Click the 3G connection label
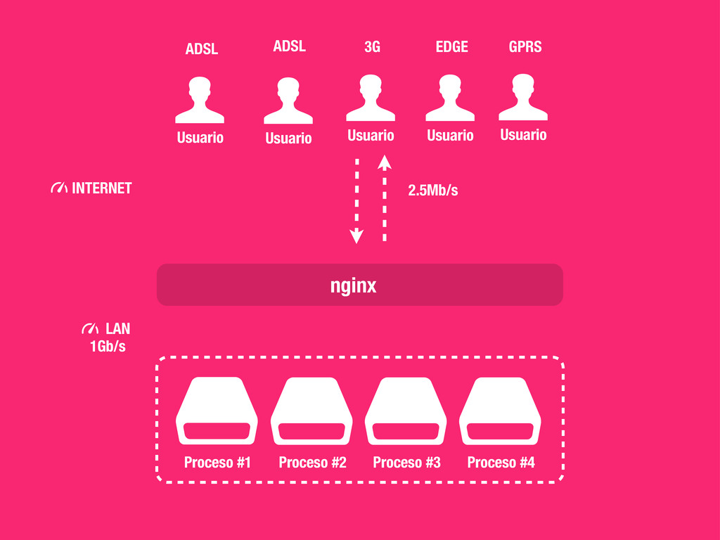(x=372, y=47)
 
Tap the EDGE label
(x=451, y=47)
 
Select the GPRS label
(x=525, y=47)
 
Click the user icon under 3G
(x=371, y=98)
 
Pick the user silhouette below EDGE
(x=450, y=98)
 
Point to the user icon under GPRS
(x=523, y=98)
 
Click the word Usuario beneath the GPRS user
(x=523, y=134)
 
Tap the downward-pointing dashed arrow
(x=356, y=200)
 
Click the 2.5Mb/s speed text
(x=433, y=190)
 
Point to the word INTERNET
(x=102, y=188)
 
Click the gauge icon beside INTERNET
(x=59, y=188)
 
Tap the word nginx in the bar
(x=354, y=285)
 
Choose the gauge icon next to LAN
(x=90, y=328)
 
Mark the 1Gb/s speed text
(x=108, y=346)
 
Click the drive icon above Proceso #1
(x=217, y=411)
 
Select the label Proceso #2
(x=312, y=462)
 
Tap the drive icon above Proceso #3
(x=406, y=411)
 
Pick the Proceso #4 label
(x=501, y=462)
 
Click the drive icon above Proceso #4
(x=500, y=411)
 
